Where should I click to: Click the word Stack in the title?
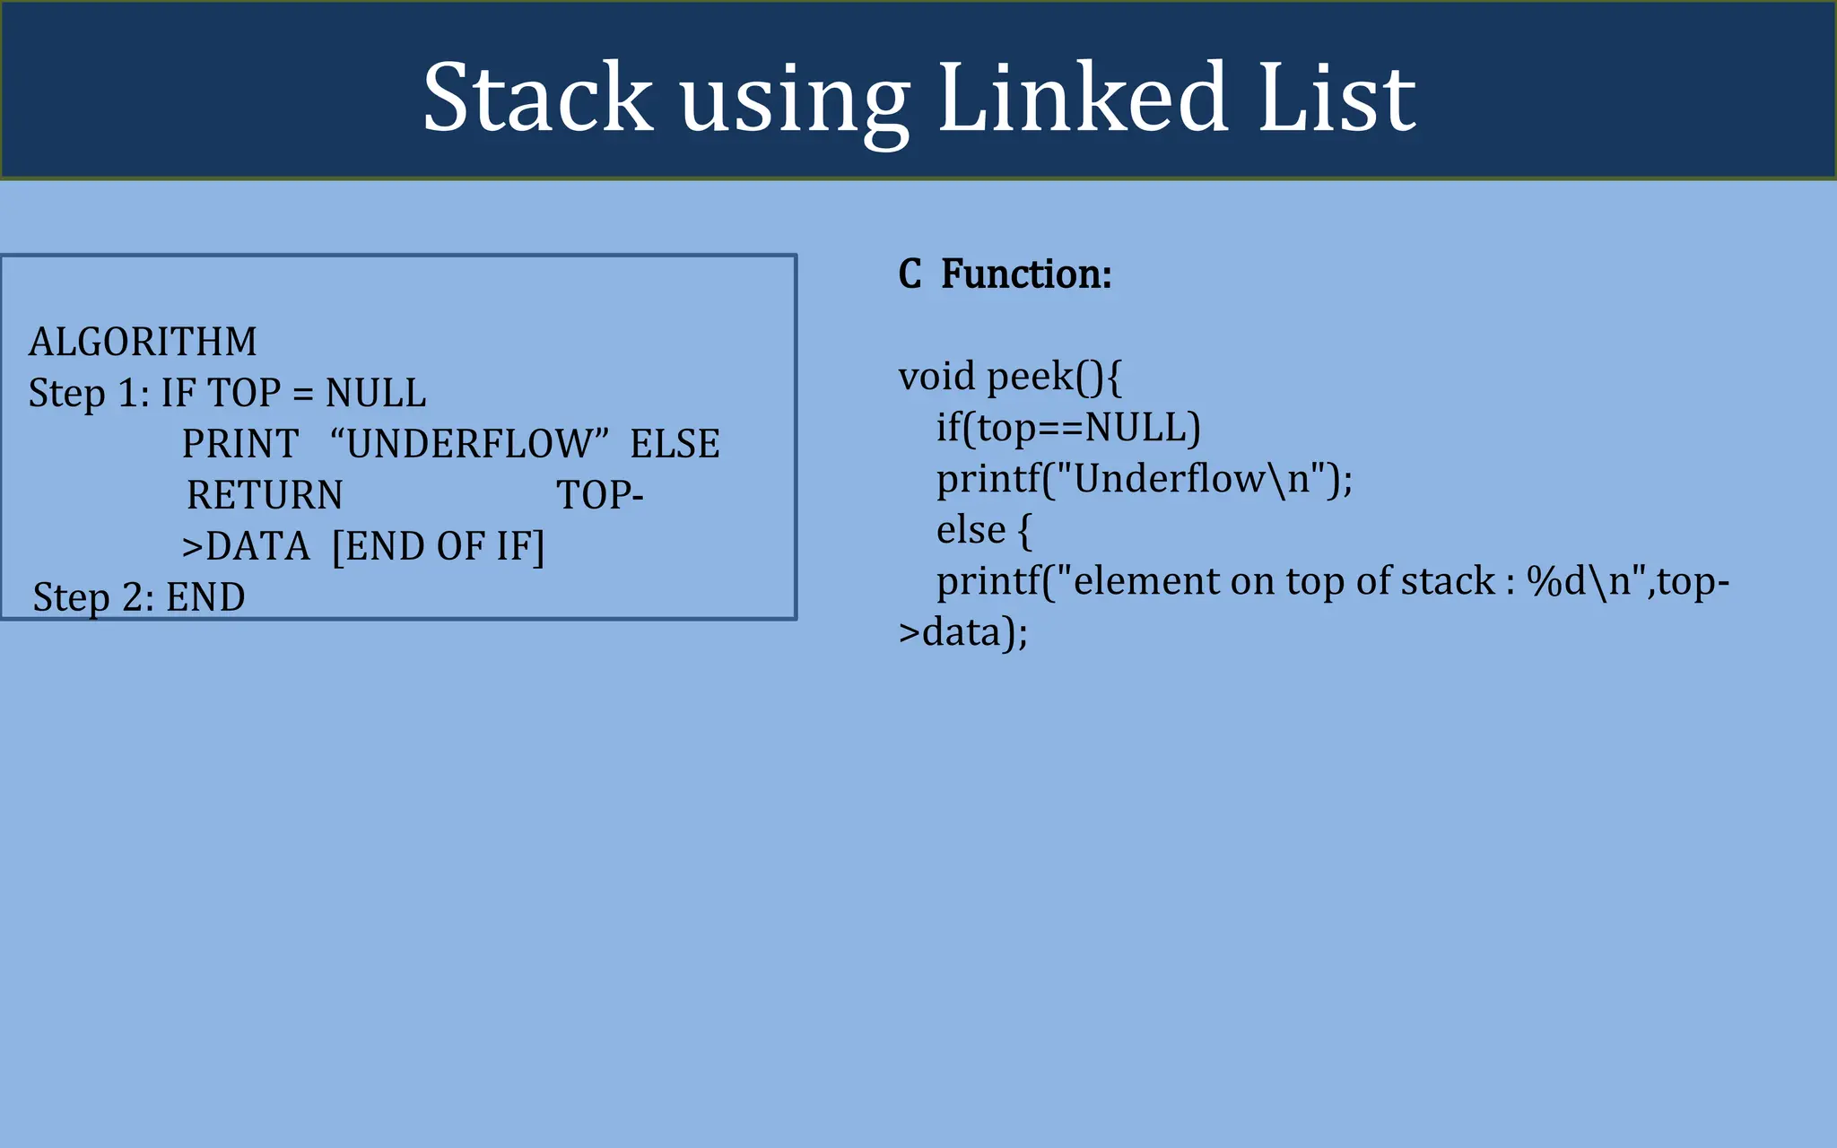[x=537, y=97]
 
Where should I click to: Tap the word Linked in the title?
[x=1083, y=97]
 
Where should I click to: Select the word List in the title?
[x=1336, y=97]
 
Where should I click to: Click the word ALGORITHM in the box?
[x=143, y=342]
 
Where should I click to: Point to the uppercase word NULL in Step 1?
[x=376, y=393]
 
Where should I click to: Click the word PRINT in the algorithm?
[x=240, y=444]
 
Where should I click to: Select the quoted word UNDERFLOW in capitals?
[x=469, y=444]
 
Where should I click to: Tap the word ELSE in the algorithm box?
[x=675, y=444]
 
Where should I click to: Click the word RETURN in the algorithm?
[x=265, y=495]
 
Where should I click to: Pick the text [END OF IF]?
[x=438, y=546]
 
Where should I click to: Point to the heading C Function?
[x=1005, y=274]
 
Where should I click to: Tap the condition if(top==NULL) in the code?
[x=1067, y=428]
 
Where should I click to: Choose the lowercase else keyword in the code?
[x=971, y=530]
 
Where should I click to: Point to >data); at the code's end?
[x=962, y=632]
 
